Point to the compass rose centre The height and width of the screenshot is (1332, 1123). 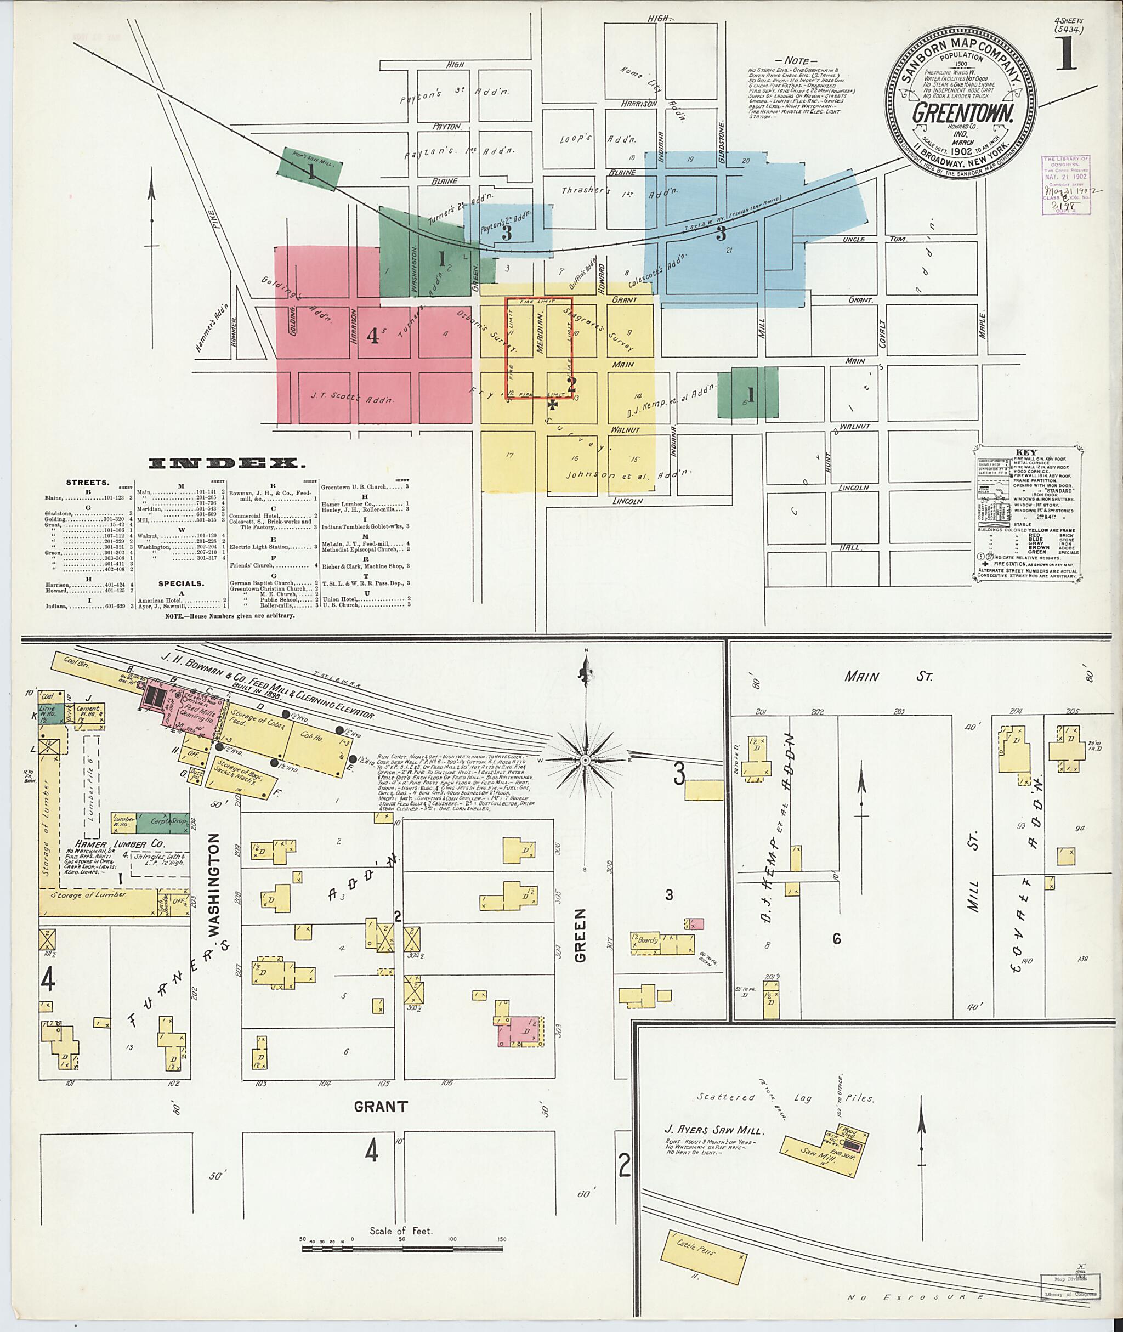tap(585, 760)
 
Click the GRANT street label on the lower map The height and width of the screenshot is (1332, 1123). tap(379, 1106)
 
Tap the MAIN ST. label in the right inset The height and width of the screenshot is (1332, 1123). tap(888, 677)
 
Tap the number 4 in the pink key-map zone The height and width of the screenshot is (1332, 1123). tap(373, 336)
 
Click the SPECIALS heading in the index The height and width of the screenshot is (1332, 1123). tap(182, 582)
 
